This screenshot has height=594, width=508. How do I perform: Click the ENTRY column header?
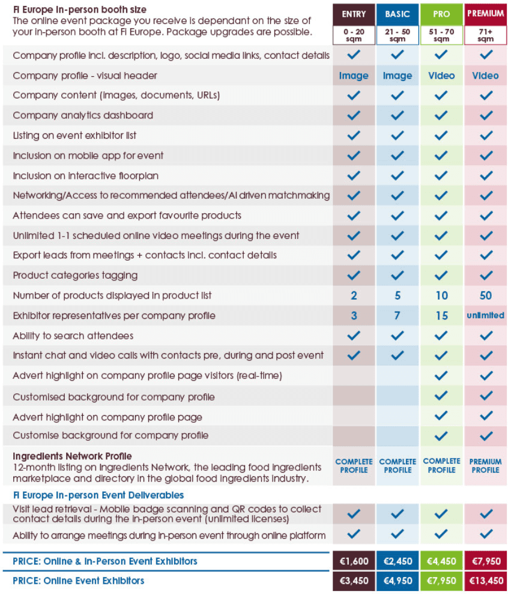pyautogui.click(x=354, y=14)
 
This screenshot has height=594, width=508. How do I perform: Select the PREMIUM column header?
pyautogui.click(x=485, y=14)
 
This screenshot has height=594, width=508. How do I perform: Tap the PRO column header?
pyautogui.click(x=441, y=14)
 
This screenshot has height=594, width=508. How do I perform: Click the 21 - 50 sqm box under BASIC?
pyautogui.click(x=398, y=35)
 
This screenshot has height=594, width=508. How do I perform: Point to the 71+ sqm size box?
pyautogui.click(x=485, y=35)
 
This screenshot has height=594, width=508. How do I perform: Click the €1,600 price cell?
pyautogui.click(x=354, y=562)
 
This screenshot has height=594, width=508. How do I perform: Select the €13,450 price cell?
pyautogui.click(x=485, y=581)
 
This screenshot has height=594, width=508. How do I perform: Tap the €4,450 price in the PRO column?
pyautogui.click(x=441, y=562)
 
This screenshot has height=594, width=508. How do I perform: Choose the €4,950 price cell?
pyautogui.click(x=398, y=581)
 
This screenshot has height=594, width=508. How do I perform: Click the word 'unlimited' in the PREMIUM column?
pyautogui.click(x=485, y=315)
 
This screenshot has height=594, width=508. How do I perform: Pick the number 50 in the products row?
pyautogui.click(x=485, y=295)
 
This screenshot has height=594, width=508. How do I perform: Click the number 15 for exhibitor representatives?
pyautogui.click(x=441, y=315)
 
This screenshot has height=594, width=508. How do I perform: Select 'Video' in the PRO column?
pyautogui.click(x=441, y=76)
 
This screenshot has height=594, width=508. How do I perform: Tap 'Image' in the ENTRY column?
pyautogui.click(x=354, y=76)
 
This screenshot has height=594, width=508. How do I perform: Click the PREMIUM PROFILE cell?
pyautogui.click(x=485, y=465)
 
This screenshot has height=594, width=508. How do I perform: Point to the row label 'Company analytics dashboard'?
pyautogui.click(x=83, y=115)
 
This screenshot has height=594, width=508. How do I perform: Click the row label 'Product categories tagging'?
pyautogui.click(x=75, y=275)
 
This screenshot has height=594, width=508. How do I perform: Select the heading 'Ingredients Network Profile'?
pyautogui.click(x=72, y=456)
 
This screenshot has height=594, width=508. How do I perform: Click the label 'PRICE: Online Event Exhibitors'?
pyautogui.click(x=78, y=581)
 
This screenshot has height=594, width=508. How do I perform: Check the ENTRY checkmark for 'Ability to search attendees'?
pyautogui.click(x=354, y=335)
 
